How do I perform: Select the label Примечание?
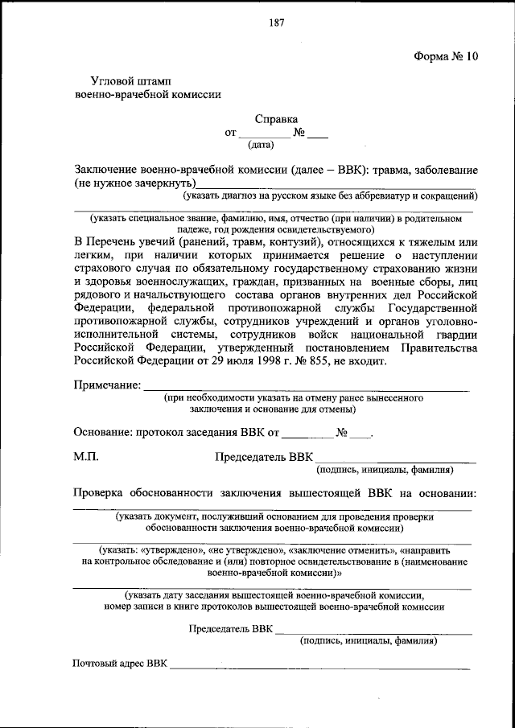point(107,386)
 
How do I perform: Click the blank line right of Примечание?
point(306,389)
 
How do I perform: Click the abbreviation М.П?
point(86,457)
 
